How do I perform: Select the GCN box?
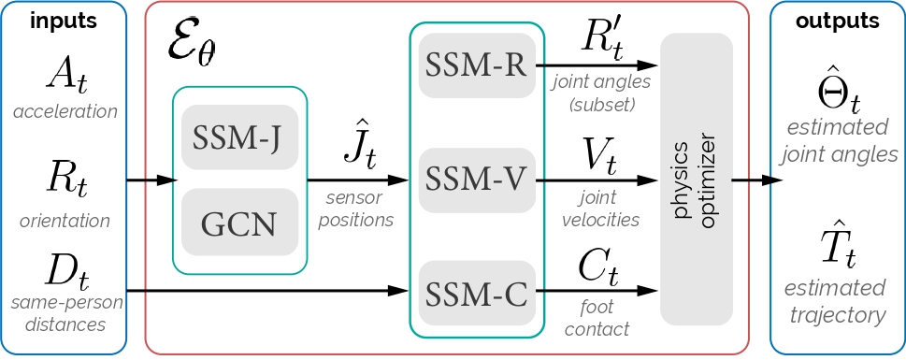239,223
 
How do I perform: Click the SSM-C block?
477,292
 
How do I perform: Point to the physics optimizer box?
696,179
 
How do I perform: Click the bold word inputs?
64,22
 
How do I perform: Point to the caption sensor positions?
359,209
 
